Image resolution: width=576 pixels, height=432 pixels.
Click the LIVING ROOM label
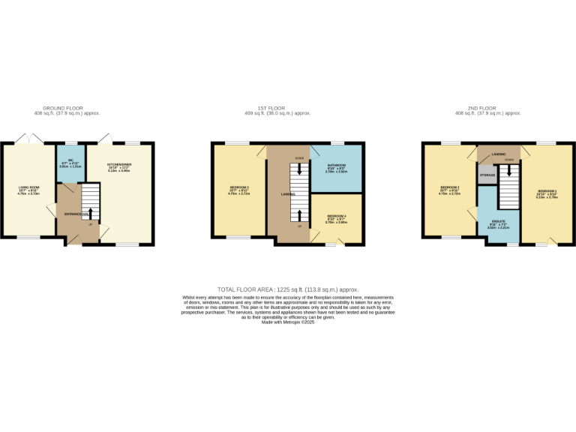pos(29,188)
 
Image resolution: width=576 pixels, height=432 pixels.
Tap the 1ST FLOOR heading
pos(287,108)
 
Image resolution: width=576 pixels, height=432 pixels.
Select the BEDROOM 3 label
pos(239,187)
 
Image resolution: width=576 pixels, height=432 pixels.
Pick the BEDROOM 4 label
pos(336,217)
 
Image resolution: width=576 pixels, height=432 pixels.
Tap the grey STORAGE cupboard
pos(487,175)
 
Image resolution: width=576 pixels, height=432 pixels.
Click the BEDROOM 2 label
pos(450,187)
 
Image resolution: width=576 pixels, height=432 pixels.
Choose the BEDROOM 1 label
pos(546,192)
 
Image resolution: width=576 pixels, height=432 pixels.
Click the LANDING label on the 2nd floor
pos(498,154)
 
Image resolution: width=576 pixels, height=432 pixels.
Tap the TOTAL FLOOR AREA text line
pos(287,289)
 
